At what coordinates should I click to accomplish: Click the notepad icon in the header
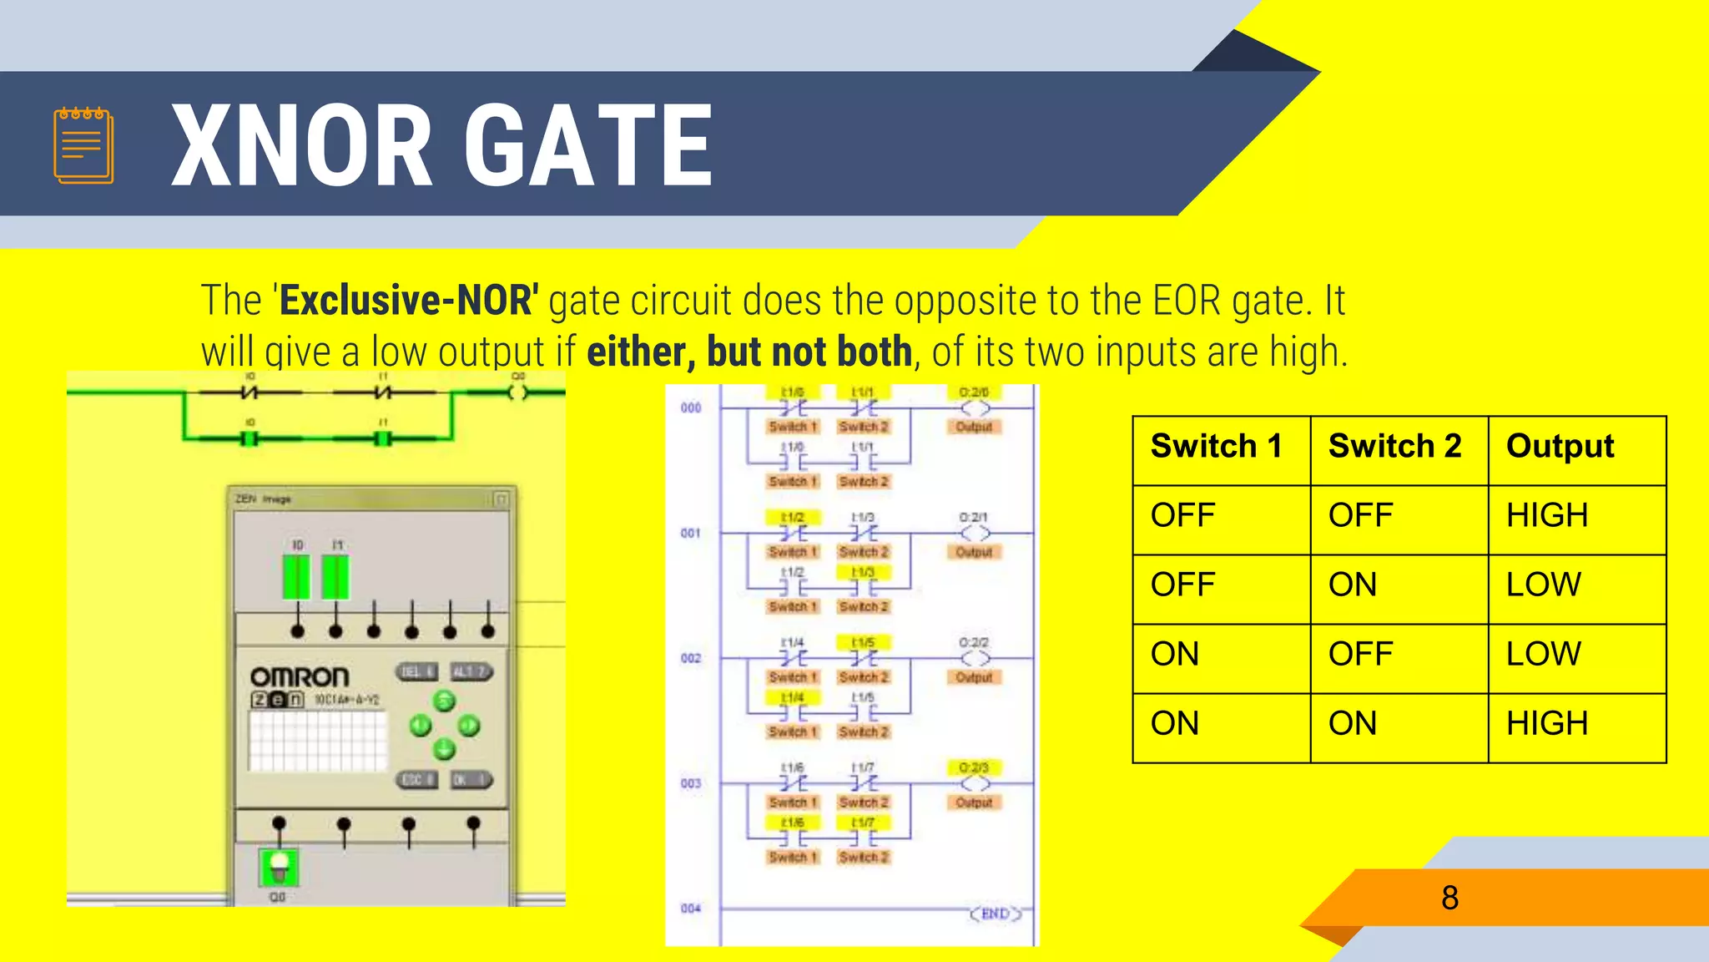click(83, 145)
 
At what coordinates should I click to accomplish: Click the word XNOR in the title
click(301, 146)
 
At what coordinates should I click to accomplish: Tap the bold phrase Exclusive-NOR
click(409, 301)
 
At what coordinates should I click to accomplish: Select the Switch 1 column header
click(1216, 447)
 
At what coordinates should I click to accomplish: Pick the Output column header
click(1560, 447)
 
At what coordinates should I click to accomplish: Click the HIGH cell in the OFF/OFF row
click(1546, 515)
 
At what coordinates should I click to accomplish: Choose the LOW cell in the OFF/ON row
click(1543, 585)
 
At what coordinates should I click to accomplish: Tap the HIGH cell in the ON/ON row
click(1546, 723)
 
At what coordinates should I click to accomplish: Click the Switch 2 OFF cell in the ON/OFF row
click(1360, 654)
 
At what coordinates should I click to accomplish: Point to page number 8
click(1449, 899)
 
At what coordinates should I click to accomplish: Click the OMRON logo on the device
click(300, 676)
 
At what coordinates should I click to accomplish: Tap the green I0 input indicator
click(296, 577)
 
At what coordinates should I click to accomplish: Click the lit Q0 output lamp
click(279, 867)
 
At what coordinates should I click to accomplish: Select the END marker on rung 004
click(995, 914)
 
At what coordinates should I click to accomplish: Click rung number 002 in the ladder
click(691, 659)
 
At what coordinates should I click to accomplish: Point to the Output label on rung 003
click(974, 803)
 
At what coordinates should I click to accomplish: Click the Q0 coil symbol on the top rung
click(519, 392)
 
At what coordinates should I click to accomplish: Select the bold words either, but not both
click(749, 352)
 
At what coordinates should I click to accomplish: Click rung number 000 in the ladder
click(691, 408)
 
